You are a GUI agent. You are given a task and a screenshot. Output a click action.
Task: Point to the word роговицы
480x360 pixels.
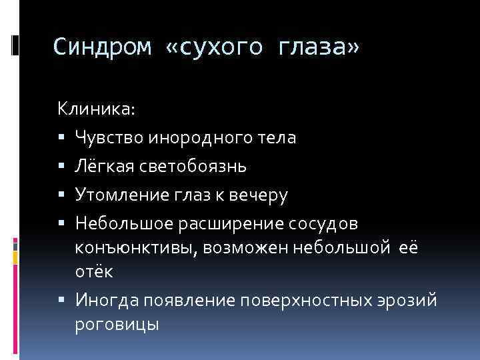tap(117, 326)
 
